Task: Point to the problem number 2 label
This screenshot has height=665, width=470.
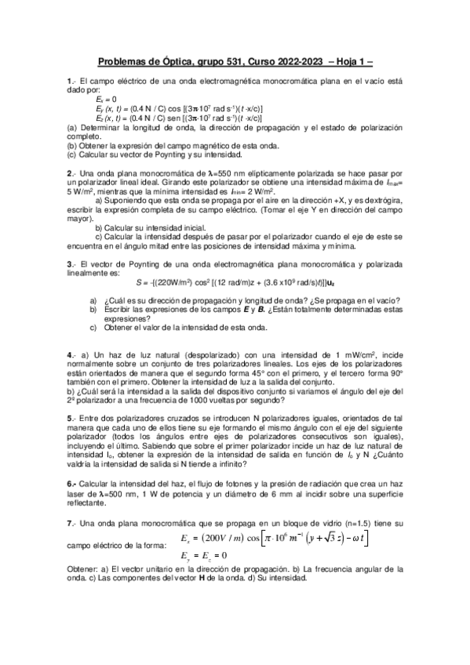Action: click(71, 173)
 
